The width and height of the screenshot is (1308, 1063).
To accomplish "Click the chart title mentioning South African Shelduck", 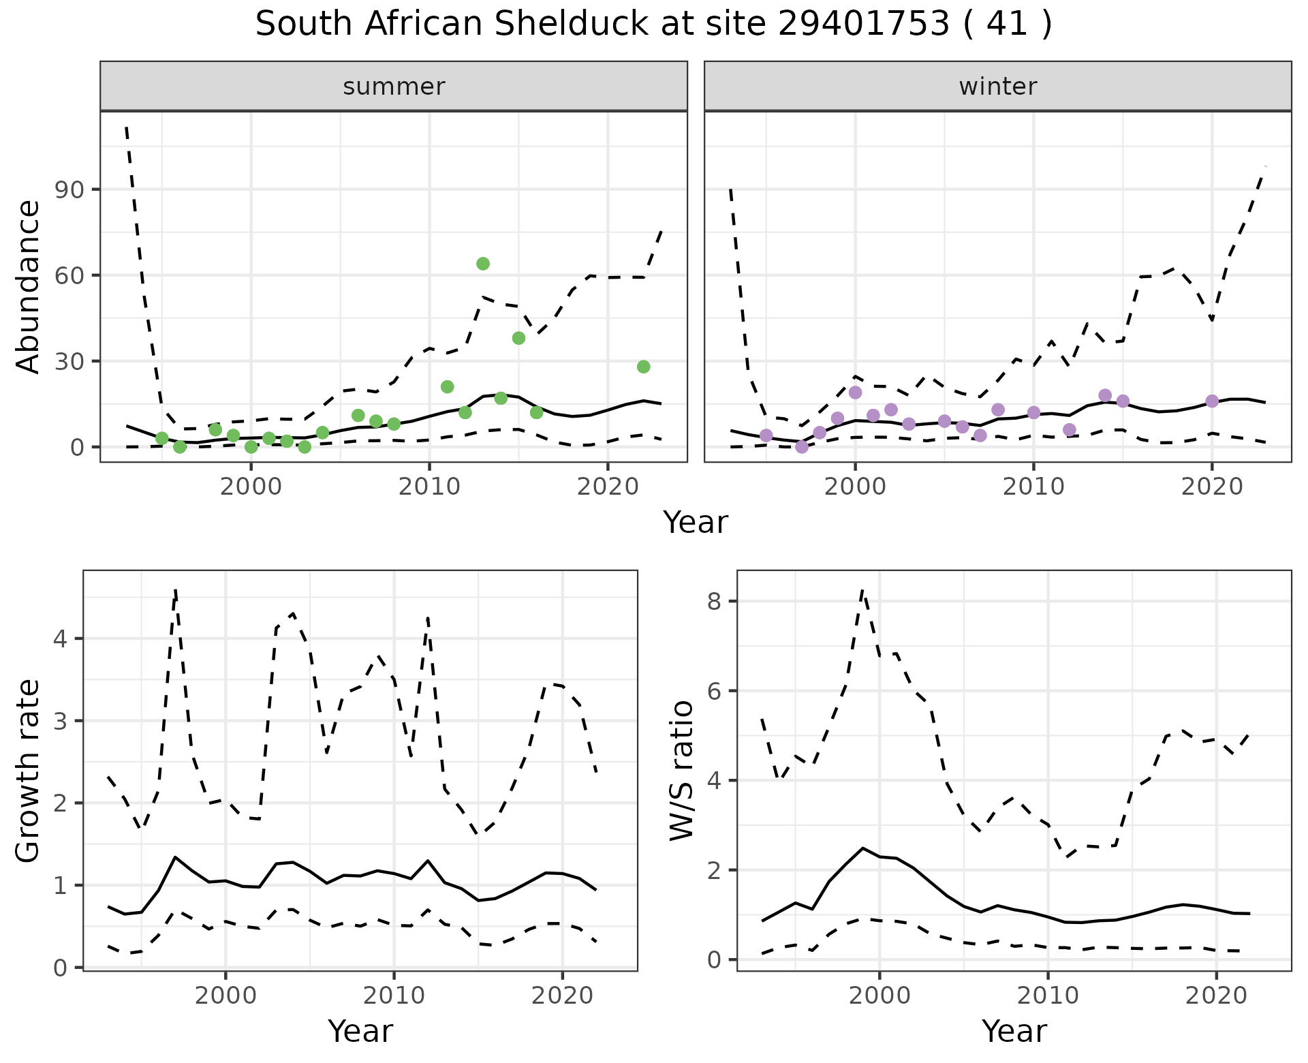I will (653, 25).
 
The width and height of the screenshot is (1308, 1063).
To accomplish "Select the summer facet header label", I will (394, 87).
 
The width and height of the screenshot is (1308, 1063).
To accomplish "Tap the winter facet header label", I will (997, 87).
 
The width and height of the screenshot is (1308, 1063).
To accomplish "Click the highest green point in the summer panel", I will (483, 264).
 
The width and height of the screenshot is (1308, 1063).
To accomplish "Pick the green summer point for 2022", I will (644, 367).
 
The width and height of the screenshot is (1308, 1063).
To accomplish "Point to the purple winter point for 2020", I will (1212, 401).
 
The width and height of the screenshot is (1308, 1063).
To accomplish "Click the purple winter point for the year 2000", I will (856, 392).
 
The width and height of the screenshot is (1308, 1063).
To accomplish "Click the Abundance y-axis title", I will (29, 286).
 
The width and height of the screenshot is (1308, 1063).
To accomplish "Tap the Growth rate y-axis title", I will (29, 771).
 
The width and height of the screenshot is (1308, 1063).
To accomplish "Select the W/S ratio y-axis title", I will (682, 771).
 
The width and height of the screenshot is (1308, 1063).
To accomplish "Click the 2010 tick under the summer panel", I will (429, 488).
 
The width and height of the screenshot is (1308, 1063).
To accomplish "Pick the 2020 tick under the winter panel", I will (1212, 488).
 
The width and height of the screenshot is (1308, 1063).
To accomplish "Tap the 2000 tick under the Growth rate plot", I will (225, 996).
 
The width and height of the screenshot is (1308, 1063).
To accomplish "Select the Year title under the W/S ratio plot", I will (1014, 1031).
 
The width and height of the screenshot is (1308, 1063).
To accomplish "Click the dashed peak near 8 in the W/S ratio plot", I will (862, 591).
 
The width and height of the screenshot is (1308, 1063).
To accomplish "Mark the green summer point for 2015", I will (518, 338).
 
